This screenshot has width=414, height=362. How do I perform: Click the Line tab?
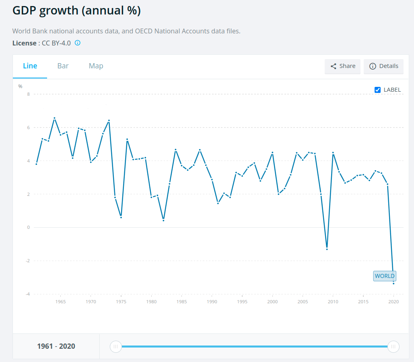tap(30, 66)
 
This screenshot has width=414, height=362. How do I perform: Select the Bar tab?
tap(63, 66)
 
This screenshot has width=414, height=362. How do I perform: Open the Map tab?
tap(96, 66)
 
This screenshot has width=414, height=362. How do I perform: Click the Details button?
tap(383, 66)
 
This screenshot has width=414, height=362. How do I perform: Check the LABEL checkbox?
tap(377, 90)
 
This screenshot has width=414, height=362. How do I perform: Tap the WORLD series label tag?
tap(385, 276)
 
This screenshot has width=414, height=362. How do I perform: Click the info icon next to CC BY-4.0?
tap(78, 43)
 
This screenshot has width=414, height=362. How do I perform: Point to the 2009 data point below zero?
tap(327, 249)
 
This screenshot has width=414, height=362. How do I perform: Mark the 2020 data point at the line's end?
tap(393, 284)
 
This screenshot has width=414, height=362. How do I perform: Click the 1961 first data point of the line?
tap(36, 164)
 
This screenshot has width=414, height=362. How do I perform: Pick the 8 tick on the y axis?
tap(29, 94)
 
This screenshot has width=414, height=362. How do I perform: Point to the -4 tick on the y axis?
tap(28, 294)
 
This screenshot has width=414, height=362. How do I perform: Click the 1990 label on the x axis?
tap(212, 302)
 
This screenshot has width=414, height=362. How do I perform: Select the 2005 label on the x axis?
tap(303, 302)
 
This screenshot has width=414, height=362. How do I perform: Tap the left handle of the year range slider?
tap(116, 346)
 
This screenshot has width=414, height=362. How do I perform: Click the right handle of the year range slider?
tap(393, 346)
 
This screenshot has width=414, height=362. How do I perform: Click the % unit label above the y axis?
tap(20, 86)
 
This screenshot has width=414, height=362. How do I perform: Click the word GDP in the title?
tap(26, 11)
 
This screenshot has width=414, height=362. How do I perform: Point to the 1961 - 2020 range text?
tap(56, 346)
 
